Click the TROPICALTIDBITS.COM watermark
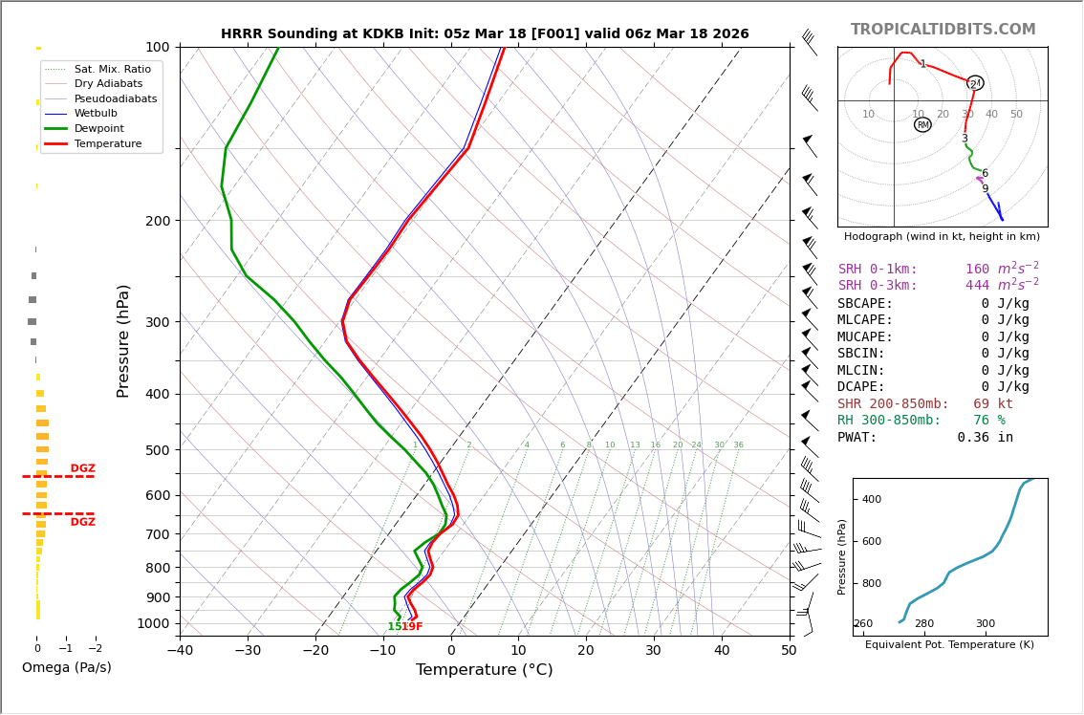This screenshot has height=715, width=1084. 943,30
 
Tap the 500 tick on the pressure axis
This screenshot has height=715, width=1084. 157,450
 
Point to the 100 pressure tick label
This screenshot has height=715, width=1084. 157,47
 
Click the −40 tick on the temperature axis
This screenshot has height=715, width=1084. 180,650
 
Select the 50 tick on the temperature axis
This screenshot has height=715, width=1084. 789,650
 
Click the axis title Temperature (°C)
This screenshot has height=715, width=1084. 484,670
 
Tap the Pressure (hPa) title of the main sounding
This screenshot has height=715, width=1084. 124,340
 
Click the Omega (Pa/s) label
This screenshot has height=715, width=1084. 67,667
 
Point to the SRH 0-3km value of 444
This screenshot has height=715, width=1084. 978,286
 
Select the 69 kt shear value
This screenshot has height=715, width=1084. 992,404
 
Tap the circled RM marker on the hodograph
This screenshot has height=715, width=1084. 922,124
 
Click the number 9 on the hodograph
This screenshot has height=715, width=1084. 985,189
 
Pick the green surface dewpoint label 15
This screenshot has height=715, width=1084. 393,627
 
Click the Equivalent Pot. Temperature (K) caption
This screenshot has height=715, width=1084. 949,645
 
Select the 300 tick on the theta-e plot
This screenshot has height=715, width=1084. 985,624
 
